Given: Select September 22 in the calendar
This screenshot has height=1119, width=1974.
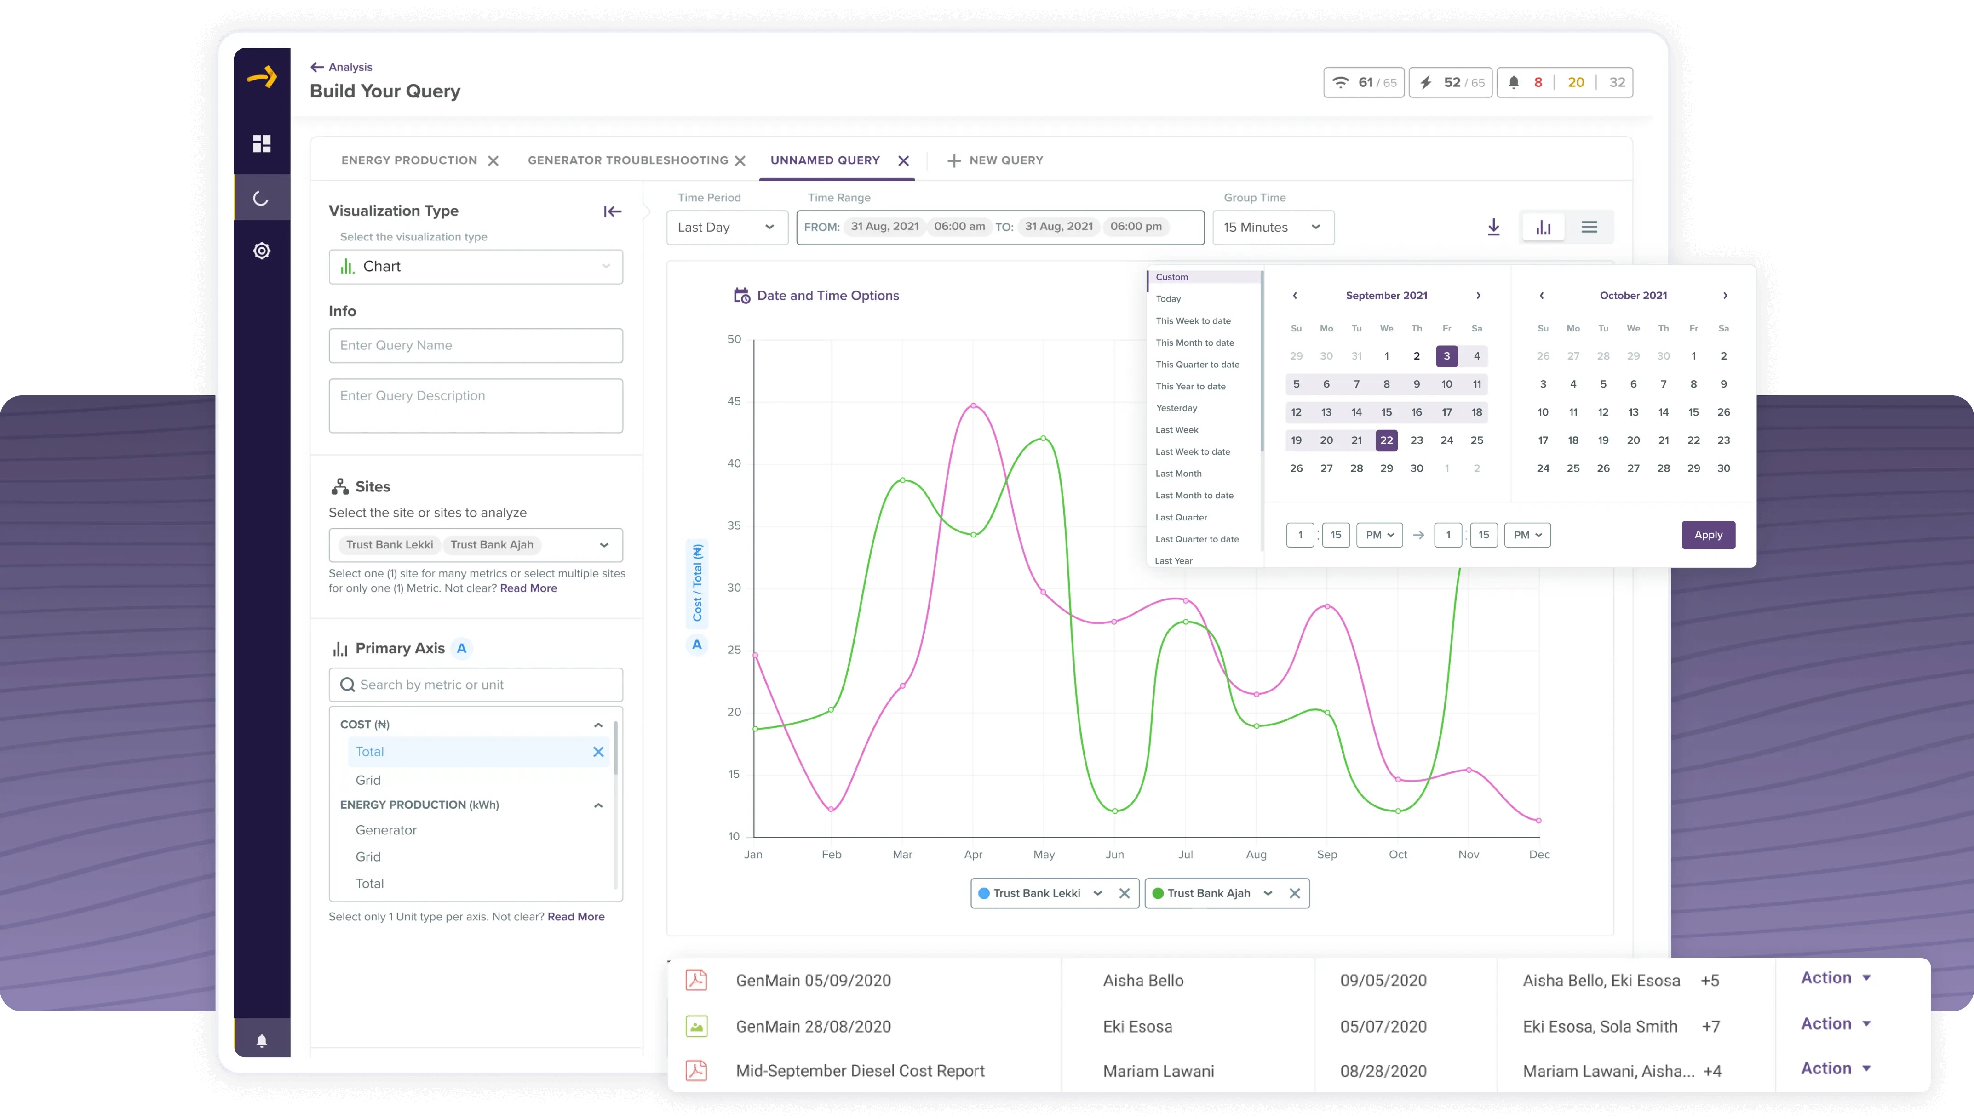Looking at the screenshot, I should tap(1386, 440).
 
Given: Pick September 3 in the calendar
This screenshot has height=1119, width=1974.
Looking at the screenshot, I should tap(1446, 356).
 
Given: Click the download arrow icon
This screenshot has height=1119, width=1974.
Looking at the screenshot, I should tap(1493, 228).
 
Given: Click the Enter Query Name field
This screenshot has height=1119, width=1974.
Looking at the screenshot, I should tap(475, 346).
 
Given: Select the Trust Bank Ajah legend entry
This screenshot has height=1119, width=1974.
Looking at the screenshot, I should tap(1208, 893).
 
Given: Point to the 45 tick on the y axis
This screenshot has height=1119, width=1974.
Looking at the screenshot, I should tap(734, 401).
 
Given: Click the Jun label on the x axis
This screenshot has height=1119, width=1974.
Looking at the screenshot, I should tap(1114, 855).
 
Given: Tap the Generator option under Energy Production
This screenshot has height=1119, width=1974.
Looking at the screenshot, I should tap(386, 830).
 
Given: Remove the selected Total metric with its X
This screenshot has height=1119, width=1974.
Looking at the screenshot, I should tap(598, 752).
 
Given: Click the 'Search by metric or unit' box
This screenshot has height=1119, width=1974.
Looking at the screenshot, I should tap(475, 685).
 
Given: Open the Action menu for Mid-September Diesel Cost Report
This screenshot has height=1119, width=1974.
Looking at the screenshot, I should tap(1835, 1068).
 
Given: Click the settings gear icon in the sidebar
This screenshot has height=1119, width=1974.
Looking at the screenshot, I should tap(261, 251).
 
